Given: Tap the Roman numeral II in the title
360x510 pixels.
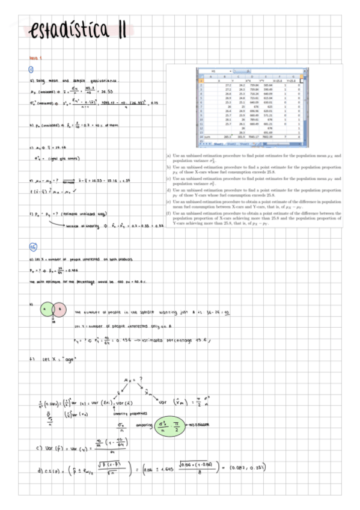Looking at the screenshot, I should coord(122,28).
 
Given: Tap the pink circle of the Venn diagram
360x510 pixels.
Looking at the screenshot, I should coord(59,310).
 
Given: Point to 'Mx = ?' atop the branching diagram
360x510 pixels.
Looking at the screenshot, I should coord(130,380).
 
